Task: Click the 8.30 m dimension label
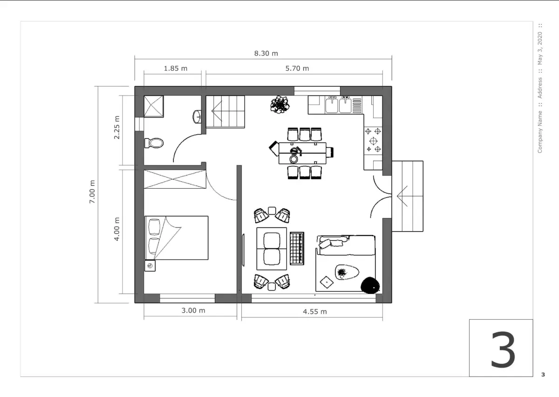point(266,54)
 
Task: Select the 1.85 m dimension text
point(176,68)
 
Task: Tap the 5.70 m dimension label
point(297,68)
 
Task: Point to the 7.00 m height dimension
point(92,192)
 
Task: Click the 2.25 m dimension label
point(116,127)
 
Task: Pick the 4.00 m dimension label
point(116,229)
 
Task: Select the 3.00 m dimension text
point(193,310)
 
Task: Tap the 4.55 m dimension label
point(315,312)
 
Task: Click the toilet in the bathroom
point(154,143)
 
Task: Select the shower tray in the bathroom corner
point(154,106)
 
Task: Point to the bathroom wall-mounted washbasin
point(197,116)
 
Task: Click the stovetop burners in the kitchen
point(373,141)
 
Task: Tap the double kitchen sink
point(338,105)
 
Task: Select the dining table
point(302,153)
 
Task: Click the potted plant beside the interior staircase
point(280,104)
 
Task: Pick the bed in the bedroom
point(177,238)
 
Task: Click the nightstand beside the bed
point(150,266)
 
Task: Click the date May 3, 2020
point(540,48)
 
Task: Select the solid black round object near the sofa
point(370,285)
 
